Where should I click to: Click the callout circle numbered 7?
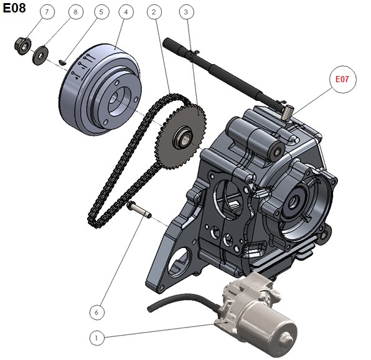point(47,12)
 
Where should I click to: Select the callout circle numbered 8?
point(76,12)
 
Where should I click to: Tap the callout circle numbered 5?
point(101,12)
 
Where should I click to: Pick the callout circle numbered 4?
point(126,12)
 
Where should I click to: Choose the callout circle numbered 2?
point(154,12)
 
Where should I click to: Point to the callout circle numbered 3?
point(186,12)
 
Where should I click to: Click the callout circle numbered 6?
point(97,312)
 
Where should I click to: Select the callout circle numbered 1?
point(97,338)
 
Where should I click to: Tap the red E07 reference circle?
point(343,79)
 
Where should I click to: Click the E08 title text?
point(14,8)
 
